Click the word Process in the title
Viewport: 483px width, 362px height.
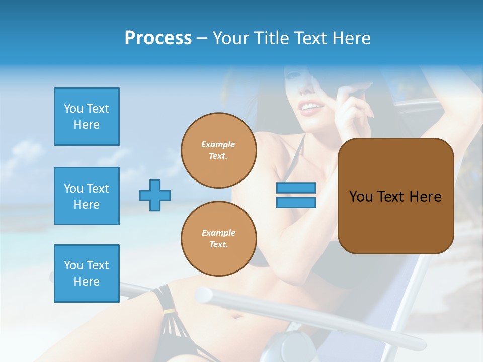pos(158,38)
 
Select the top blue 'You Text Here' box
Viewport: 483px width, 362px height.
pos(87,117)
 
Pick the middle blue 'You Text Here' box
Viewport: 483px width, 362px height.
pos(87,196)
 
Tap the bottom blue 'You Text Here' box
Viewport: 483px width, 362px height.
pos(87,274)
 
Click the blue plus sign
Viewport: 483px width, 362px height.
pos(155,195)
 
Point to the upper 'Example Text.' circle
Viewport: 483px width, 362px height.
pos(219,150)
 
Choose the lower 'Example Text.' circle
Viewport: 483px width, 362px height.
pos(219,239)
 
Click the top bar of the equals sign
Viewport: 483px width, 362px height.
pos(296,188)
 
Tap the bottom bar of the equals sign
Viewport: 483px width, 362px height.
pos(296,203)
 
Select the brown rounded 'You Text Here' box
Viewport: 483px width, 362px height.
pos(395,196)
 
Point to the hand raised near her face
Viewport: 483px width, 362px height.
pos(355,101)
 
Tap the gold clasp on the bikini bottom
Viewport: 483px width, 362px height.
pos(170,312)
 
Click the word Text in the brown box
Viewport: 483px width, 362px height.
pos(391,197)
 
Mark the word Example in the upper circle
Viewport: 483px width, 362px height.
pos(218,144)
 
